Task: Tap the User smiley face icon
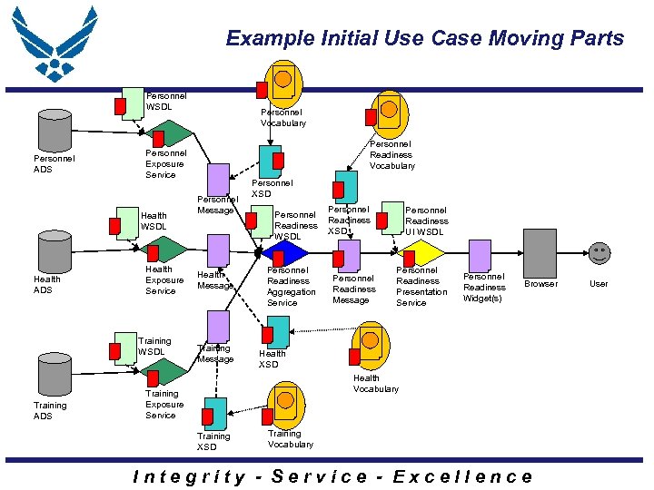[x=599, y=253]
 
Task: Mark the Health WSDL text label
[x=154, y=220]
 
